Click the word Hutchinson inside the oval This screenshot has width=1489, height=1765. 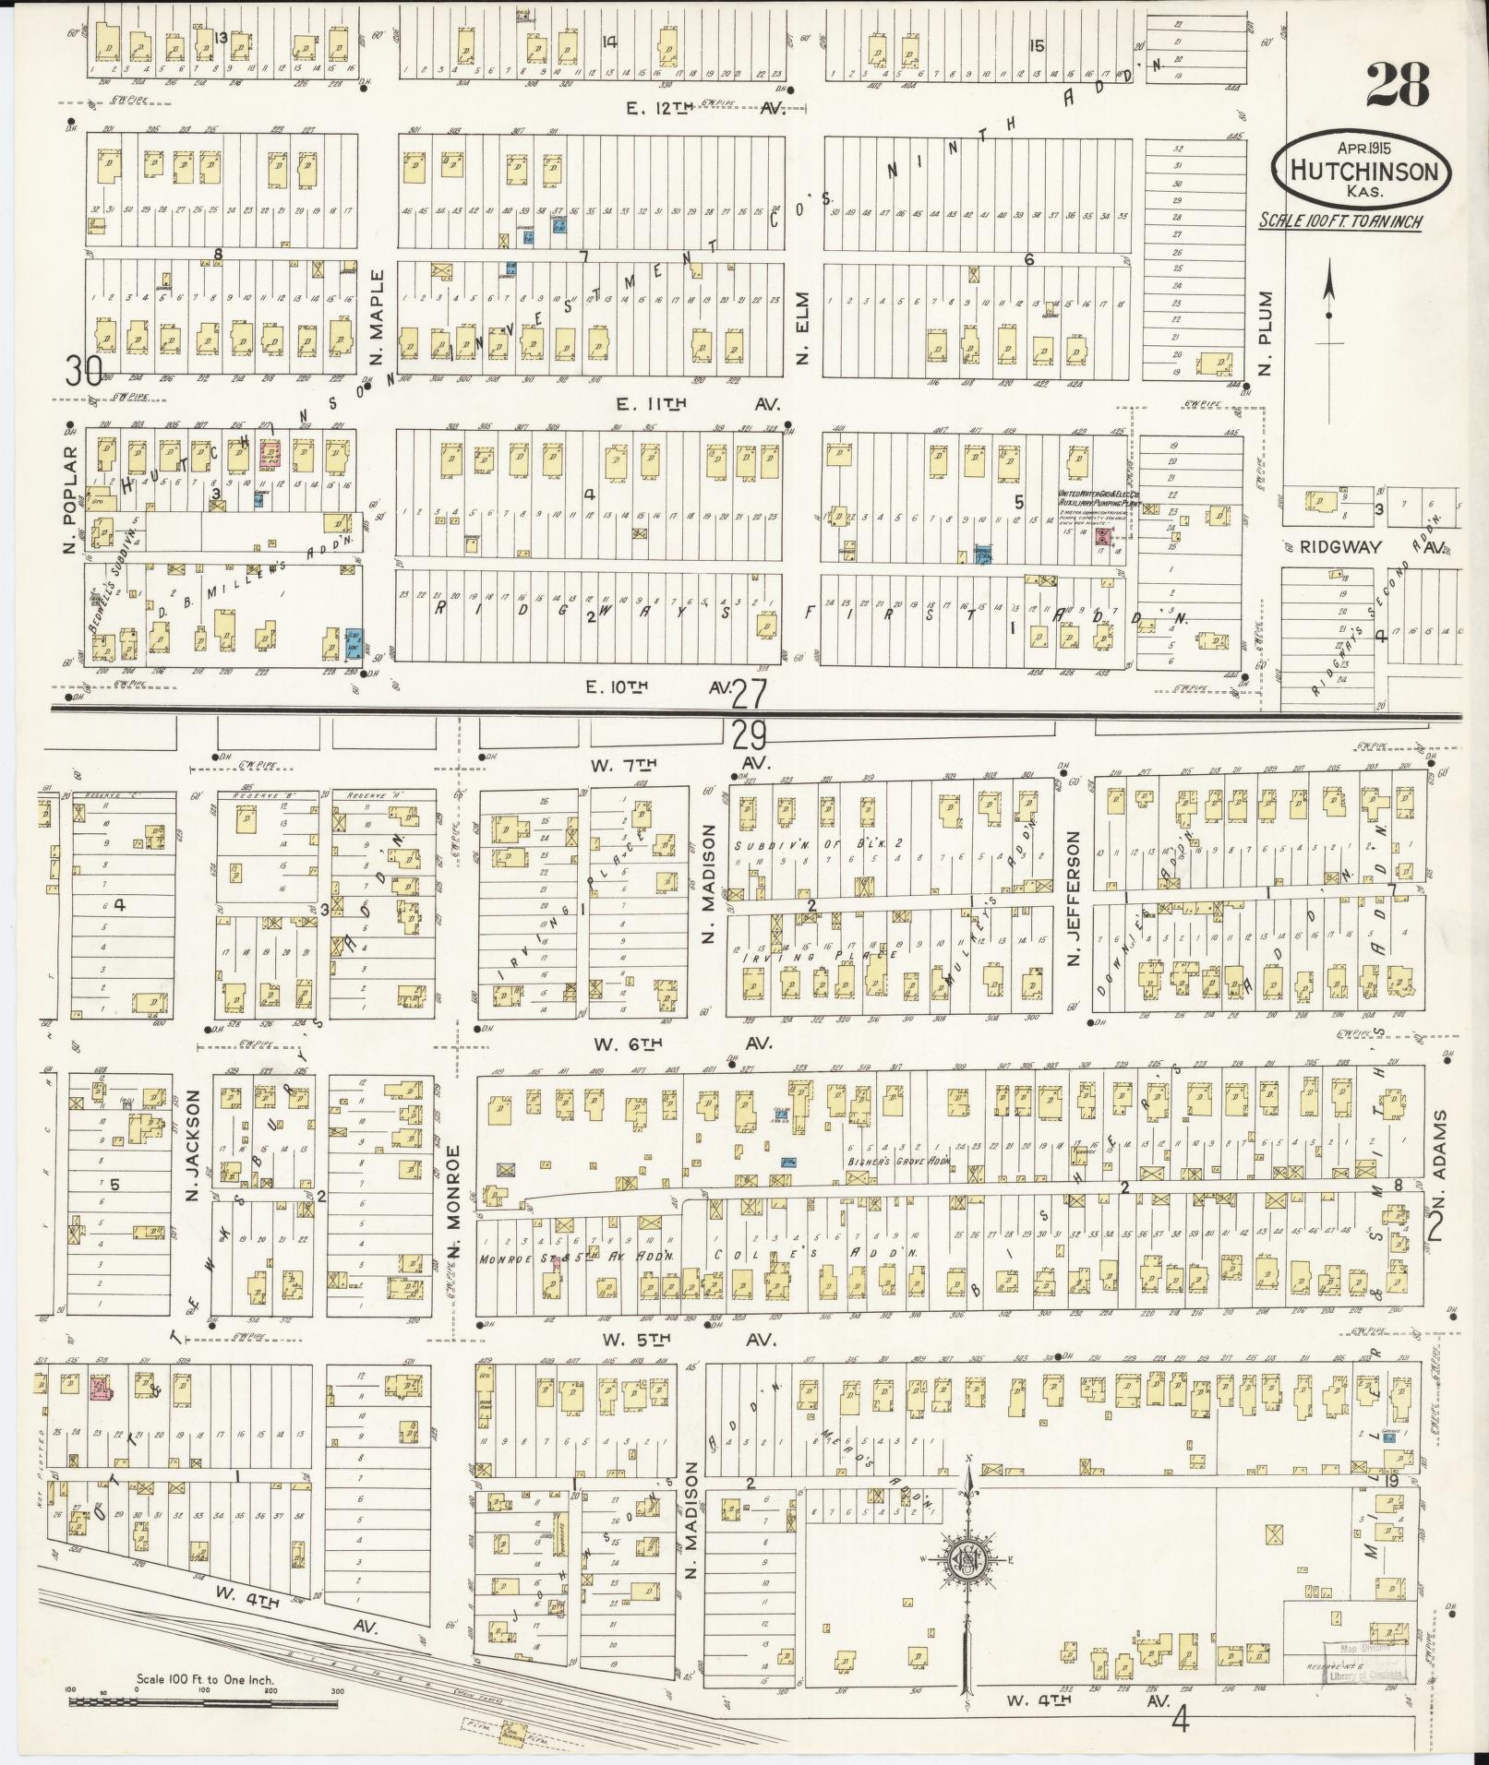(1363, 172)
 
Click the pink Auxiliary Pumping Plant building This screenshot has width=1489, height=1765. (1101, 534)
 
